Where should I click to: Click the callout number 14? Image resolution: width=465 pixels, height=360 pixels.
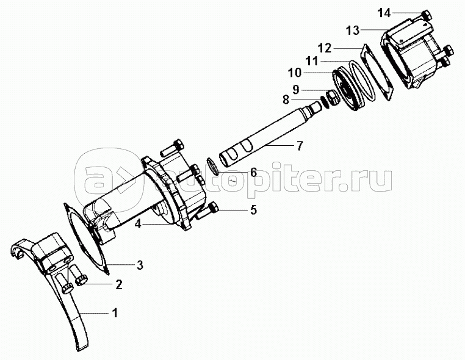[384, 13]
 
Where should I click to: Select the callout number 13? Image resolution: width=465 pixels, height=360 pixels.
[353, 31]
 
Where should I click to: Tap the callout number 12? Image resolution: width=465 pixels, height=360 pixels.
[325, 48]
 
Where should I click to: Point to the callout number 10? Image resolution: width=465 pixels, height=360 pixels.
[295, 73]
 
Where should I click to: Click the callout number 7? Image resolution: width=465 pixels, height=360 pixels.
[300, 146]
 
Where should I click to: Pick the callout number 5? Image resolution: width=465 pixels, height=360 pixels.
[253, 210]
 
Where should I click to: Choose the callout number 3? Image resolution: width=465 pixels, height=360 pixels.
[140, 265]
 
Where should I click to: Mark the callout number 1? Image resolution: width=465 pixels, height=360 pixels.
[115, 313]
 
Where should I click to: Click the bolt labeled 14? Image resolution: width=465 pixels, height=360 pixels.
[426, 15]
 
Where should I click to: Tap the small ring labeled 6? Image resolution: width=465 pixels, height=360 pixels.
[213, 167]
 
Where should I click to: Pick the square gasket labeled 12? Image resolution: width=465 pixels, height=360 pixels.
[377, 72]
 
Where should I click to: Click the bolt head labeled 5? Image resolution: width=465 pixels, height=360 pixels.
[213, 207]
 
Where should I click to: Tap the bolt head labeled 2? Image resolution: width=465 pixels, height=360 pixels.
[82, 280]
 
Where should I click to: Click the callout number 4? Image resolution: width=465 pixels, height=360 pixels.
[138, 224]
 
